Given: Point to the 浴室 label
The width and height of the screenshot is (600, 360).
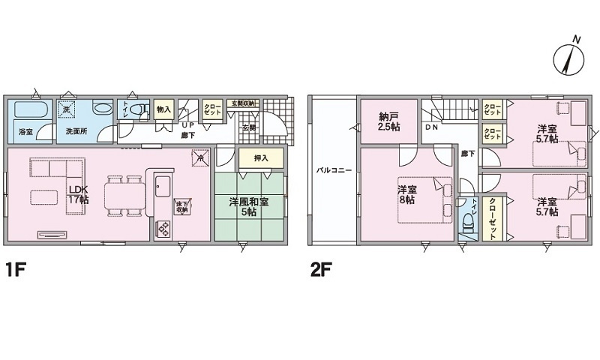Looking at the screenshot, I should [x=25, y=132].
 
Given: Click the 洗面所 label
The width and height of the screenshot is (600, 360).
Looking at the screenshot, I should [x=75, y=132].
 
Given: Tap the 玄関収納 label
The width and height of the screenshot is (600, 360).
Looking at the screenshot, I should [x=243, y=103].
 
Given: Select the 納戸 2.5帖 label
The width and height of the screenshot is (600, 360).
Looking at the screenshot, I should [x=388, y=122].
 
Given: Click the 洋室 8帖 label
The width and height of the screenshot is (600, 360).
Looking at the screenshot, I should [x=407, y=194].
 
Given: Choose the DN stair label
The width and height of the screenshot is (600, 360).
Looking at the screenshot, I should [x=432, y=127].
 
